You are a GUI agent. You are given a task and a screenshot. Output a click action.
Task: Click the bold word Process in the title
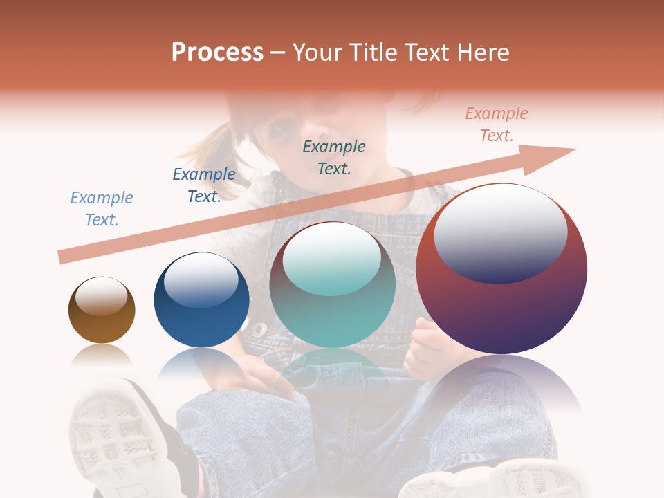pyautogui.click(x=217, y=53)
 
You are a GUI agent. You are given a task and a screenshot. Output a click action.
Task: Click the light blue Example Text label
pyautogui.click(x=102, y=209)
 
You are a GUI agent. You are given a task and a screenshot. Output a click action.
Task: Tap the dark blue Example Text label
pyautogui.click(x=204, y=185)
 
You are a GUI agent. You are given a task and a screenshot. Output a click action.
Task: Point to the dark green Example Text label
pyautogui.click(x=334, y=157)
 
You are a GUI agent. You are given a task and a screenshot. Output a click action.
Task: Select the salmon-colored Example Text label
pyautogui.click(x=496, y=124)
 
